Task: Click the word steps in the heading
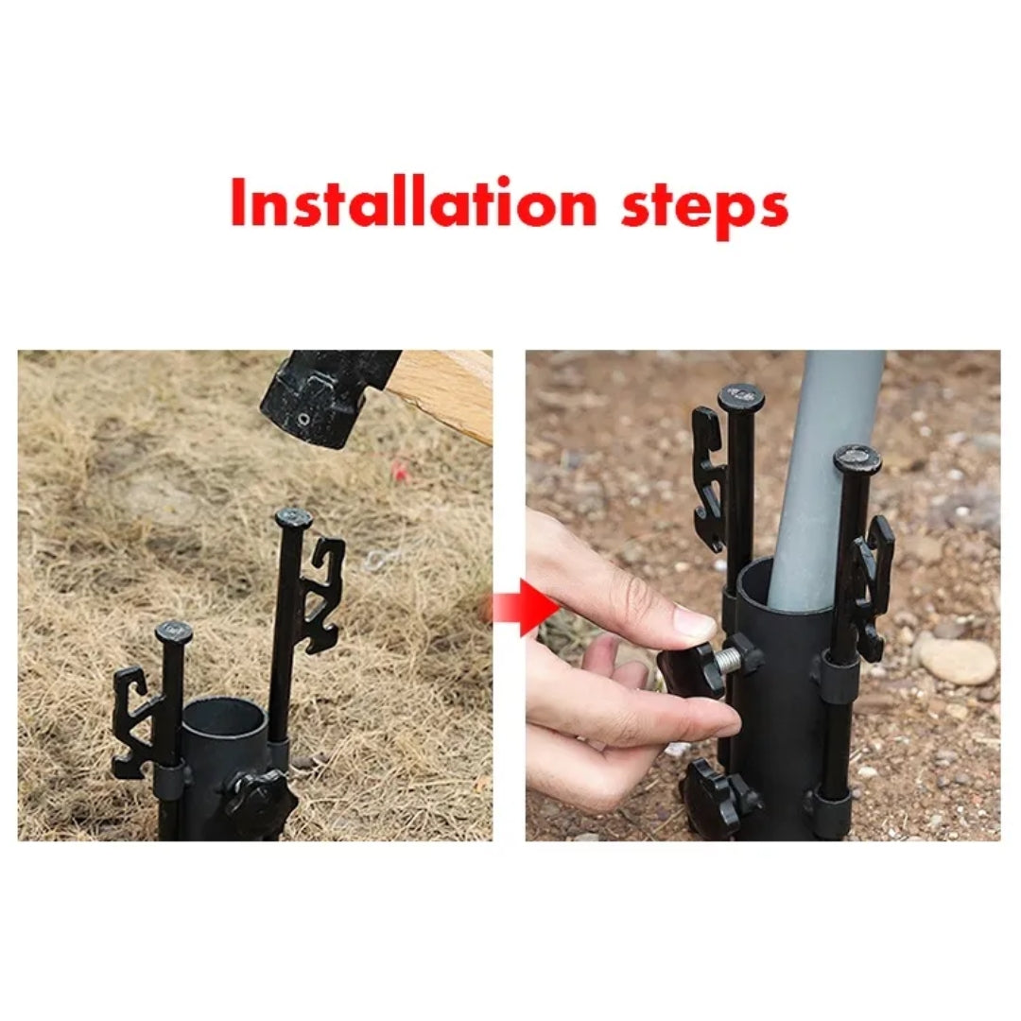(704, 206)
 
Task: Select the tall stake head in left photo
(293, 517)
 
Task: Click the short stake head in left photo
(174, 631)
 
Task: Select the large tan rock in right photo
(957, 660)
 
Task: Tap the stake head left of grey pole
(741, 397)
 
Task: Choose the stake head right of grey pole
(857, 459)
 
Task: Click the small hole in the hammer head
(302, 416)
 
